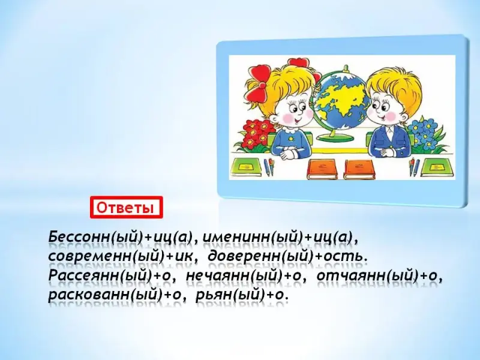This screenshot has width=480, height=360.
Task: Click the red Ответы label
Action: click(x=127, y=208)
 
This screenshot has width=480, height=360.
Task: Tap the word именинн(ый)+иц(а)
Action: click(x=278, y=237)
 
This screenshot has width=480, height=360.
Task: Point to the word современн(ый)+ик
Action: click(x=121, y=257)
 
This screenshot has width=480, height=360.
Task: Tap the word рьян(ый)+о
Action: click(x=242, y=296)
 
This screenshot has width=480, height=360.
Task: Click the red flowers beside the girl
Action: click(x=257, y=134)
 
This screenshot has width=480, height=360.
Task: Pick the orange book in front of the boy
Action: click(x=359, y=169)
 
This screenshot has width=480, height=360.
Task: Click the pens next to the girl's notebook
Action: click(x=269, y=167)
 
